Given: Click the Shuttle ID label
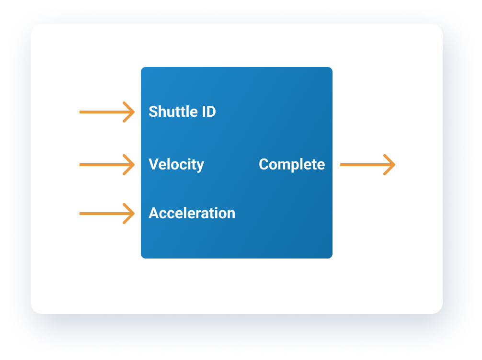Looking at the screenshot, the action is pyautogui.click(x=182, y=112).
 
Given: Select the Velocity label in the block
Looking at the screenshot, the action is pyautogui.click(x=176, y=165).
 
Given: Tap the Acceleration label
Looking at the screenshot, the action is pyautogui.click(x=192, y=213).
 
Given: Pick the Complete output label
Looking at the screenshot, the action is pyautogui.click(x=292, y=165).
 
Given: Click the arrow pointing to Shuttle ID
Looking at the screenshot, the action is pyautogui.click(x=107, y=112).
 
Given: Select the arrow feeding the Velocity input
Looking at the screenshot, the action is pyautogui.click(x=107, y=165).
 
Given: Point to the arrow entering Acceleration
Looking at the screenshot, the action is pyautogui.click(x=107, y=214).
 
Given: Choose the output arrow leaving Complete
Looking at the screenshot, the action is pyautogui.click(x=367, y=165).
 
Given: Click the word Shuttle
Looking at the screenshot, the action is pyautogui.click(x=173, y=112).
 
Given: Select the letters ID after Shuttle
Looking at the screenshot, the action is pyautogui.click(x=209, y=112).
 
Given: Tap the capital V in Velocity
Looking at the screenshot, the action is pyautogui.click(x=153, y=164).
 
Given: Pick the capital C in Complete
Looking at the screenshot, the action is pyautogui.click(x=264, y=164).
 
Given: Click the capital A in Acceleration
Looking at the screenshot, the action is pyautogui.click(x=154, y=213).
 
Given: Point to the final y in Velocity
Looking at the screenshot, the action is pyautogui.click(x=200, y=167).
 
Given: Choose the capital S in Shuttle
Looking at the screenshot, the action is pyautogui.click(x=153, y=112).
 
